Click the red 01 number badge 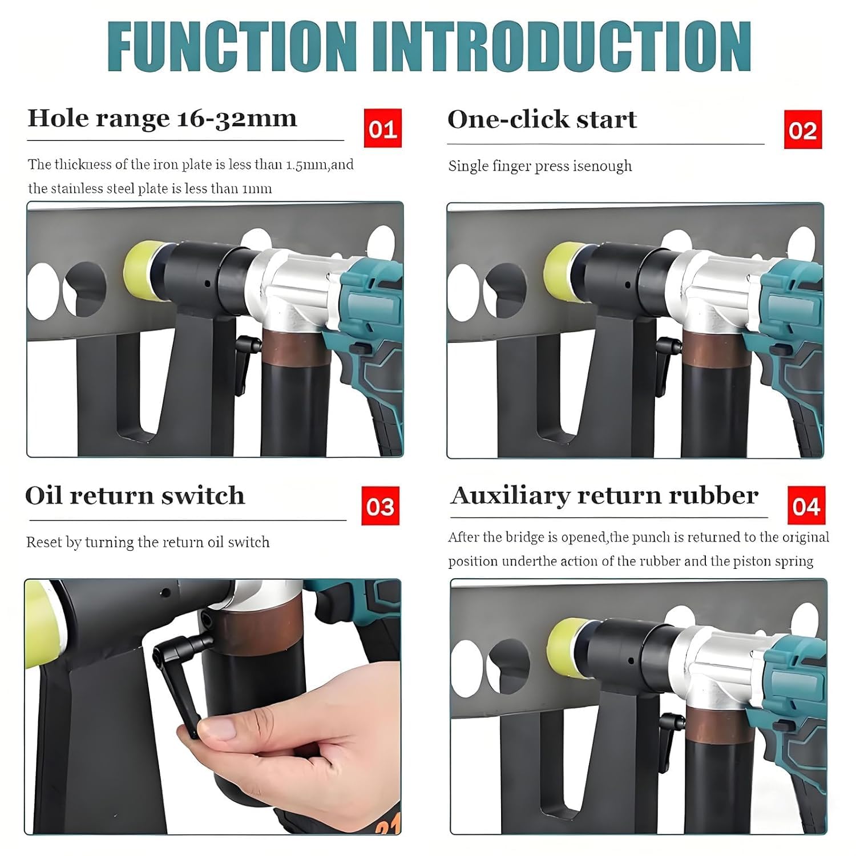click(x=383, y=128)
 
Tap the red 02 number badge click(x=803, y=130)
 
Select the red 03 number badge click(x=381, y=506)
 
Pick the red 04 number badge click(x=806, y=506)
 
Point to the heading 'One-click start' click(x=542, y=119)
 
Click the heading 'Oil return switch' click(x=135, y=495)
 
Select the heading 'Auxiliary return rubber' click(x=604, y=496)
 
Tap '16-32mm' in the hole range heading click(x=237, y=119)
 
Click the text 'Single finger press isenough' click(x=540, y=166)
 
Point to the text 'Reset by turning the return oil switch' click(x=148, y=542)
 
